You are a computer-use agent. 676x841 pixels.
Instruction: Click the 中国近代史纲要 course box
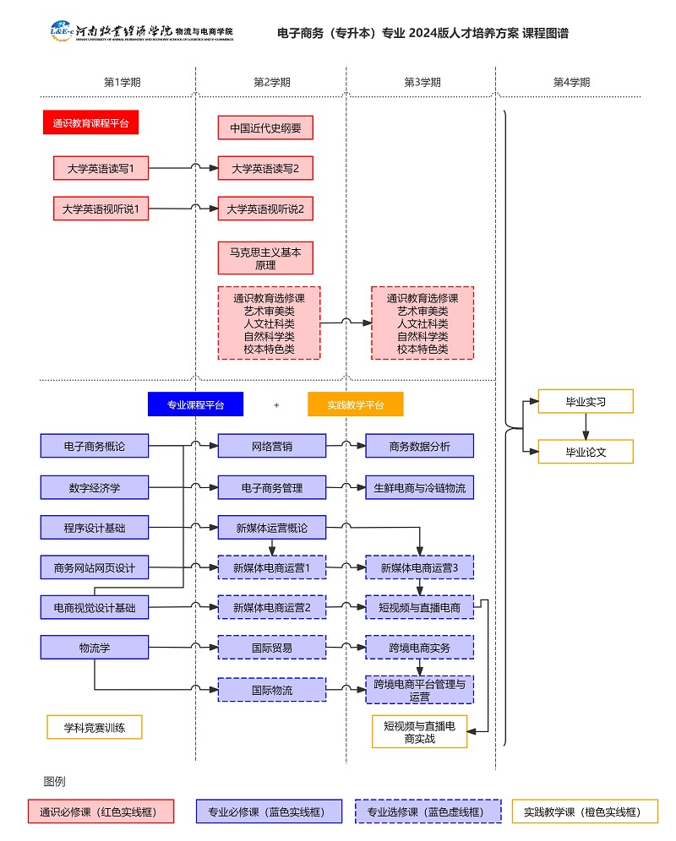click(265, 128)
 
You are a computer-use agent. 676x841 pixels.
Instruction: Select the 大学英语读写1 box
click(101, 169)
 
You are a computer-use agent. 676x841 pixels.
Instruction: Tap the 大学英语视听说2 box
click(265, 209)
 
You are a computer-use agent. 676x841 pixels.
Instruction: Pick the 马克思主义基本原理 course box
click(265, 258)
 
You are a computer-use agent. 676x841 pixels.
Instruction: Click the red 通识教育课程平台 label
click(90, 122)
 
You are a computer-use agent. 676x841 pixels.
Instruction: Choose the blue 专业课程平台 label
click(195, 404)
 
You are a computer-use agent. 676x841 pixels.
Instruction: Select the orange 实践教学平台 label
click(355, 404)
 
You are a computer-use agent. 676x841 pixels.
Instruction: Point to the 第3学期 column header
click(422, 83)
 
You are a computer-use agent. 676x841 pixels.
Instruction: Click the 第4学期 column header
click(571, 83)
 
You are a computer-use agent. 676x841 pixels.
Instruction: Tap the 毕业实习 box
click(586, 402)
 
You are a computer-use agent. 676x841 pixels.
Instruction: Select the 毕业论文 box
click(586, 452)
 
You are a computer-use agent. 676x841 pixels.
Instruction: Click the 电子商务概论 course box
click(95, 445)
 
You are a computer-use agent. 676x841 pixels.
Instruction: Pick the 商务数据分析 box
click(419, 445)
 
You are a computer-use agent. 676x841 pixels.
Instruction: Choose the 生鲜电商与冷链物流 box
click(419, 487)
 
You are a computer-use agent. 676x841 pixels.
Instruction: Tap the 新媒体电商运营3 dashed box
click(419, 567)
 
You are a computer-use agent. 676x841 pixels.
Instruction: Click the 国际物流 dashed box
click(271, 689)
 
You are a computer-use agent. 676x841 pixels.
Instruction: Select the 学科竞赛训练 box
click(94, 727)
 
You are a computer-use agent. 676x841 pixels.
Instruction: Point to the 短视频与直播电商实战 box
click(419, 732)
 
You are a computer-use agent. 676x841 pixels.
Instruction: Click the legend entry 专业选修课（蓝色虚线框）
click(424, 811)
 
